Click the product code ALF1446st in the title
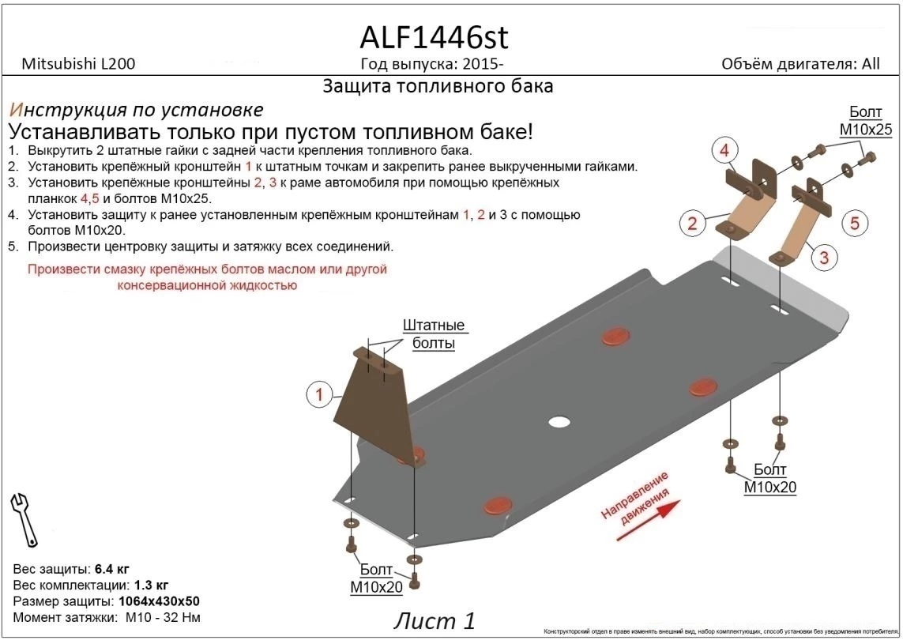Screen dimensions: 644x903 tap(434, 38)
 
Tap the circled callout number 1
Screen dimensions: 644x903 tap(319, 394)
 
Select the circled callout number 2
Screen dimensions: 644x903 tap(692, 224)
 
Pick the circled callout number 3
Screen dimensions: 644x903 tap(823, 257)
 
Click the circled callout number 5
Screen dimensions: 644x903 tap(854, 224)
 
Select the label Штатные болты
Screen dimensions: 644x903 tap(434, 334)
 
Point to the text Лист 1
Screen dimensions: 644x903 tap(435, 621)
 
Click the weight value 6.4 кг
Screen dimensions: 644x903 tap(112, 569)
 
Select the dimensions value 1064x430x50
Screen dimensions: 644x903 tap(148, 601)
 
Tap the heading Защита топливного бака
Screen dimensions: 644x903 tap(438, 86)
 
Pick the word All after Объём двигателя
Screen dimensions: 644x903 tap(871, 65)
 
